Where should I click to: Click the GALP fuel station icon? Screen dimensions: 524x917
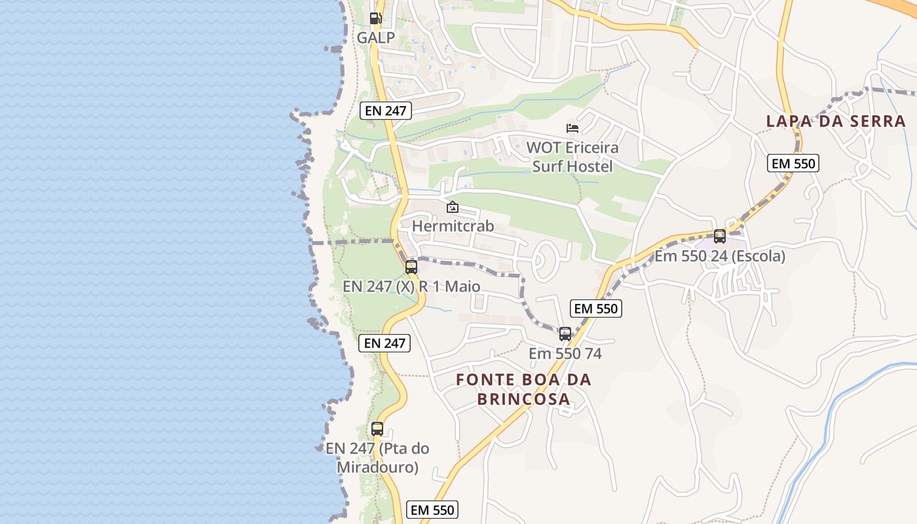[x=375, y=18]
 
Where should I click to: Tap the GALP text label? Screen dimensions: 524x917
[x=376, y=38]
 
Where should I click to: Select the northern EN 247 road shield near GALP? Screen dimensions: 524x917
[x=386, y=111]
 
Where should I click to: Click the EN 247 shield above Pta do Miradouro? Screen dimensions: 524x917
[x=384, y=343]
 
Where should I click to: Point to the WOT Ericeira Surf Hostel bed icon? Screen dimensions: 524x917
[x=572, y=128]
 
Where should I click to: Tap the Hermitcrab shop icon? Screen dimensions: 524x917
[x=452, y=207]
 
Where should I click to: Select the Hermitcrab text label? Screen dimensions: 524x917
[x=453, y=227]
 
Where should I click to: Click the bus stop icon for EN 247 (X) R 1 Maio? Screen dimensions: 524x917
[x=411, y=267]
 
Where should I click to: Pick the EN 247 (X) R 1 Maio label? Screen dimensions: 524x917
[x=411, y=287]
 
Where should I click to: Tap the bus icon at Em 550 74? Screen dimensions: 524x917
[x=565, y=334]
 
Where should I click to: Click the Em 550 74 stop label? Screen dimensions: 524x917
[x=565, y=354]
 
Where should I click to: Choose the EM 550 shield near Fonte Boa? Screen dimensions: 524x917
[x=595, y=309]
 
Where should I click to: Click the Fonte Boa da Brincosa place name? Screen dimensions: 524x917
[x=523, y=389]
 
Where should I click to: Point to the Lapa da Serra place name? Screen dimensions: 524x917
[x=836, y=121]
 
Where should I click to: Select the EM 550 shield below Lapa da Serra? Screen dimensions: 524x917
[x=794, y=163]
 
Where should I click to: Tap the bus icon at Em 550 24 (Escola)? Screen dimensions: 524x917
[x=720, y=236]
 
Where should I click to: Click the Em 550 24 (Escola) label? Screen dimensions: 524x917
[x=720, y=256]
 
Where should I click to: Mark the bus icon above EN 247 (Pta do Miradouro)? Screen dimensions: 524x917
[x=377, y=429]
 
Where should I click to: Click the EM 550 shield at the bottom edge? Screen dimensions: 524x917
[x=432, y=510]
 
